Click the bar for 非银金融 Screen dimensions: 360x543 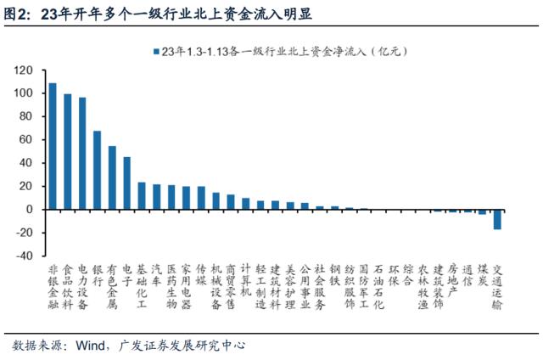pos(53,146)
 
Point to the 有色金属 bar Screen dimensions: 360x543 pos(112,177)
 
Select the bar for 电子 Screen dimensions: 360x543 pos(126,183)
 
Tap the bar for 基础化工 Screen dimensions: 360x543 pos(142,195)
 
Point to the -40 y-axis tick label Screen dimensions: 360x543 pos(23,256)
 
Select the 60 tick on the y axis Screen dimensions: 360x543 pos(26,139)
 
